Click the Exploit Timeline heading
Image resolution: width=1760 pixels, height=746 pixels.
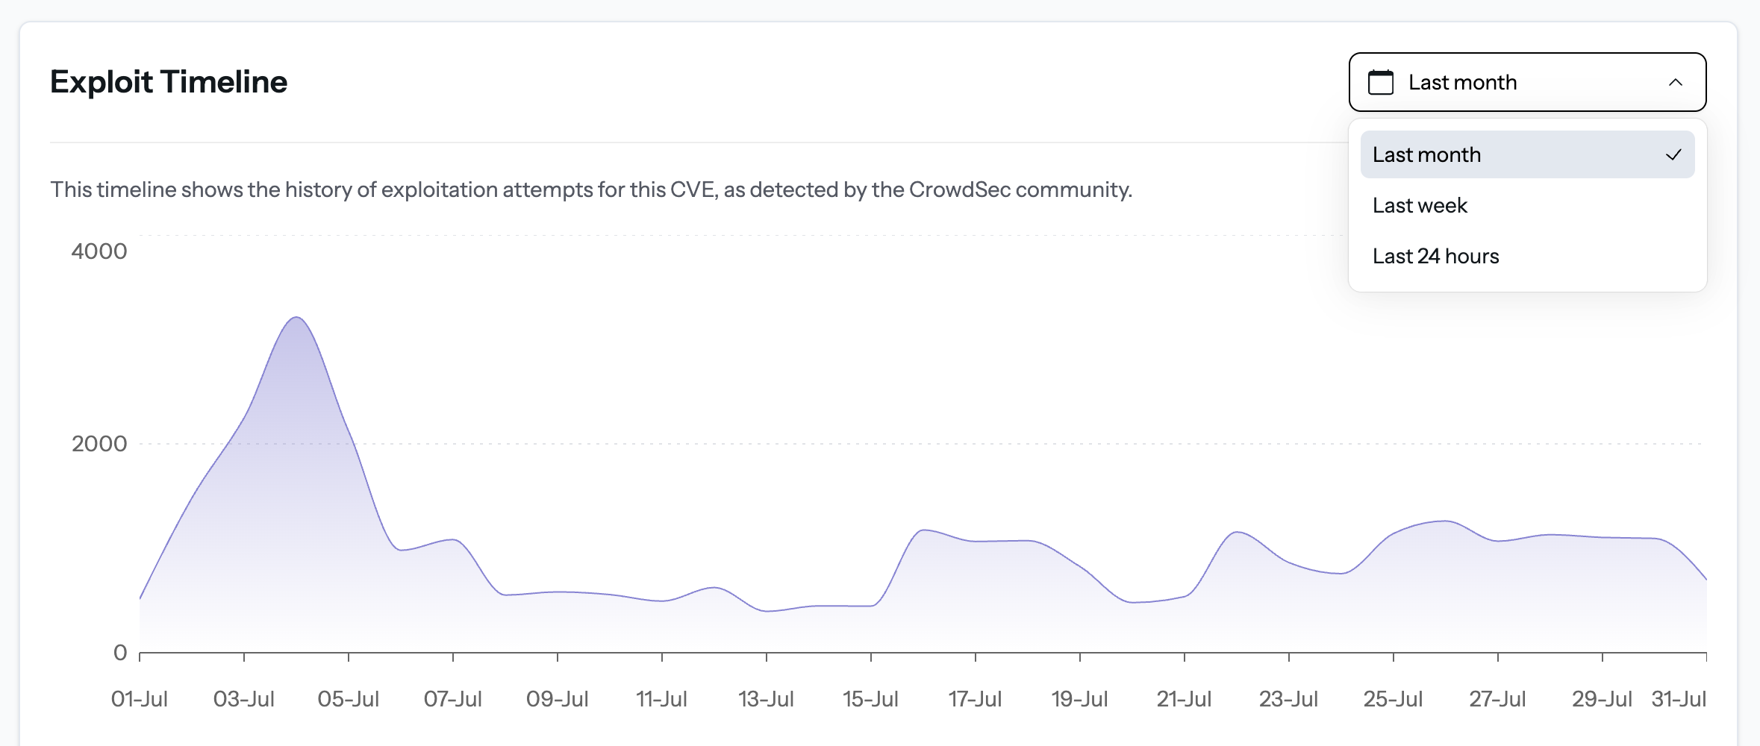pos(168,82)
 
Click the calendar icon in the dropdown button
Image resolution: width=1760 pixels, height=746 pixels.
pos(1380,82)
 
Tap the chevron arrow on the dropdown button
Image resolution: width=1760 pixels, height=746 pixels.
pos(1675,82)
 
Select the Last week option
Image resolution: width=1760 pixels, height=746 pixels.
pos(1420,205)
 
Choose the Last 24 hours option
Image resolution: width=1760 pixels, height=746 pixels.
pos(1435,256)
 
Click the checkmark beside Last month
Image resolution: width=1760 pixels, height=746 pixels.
pos(1673,154)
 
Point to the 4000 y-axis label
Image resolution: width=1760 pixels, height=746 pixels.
pos(99,251)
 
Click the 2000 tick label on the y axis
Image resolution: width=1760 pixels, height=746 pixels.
pos(99,444)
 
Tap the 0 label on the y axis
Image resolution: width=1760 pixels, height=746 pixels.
pos(119,653)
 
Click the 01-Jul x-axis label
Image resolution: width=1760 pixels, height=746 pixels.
pos(139,699)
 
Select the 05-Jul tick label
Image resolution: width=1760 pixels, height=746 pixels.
pos(348,699)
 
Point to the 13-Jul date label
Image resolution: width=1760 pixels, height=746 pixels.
pos(766,699)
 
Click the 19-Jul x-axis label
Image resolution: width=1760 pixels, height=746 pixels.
pos(1079,699)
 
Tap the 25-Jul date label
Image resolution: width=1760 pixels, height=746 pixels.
pos(1393,699)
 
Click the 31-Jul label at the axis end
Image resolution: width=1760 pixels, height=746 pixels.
pos(1679,699)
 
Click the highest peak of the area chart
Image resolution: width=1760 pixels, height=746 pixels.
pos(296,319)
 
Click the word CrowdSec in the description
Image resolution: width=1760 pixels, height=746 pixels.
pos(960,189)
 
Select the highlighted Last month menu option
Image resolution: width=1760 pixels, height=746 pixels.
pos(1426,154)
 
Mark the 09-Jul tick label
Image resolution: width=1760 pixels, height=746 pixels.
pos(557,699)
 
